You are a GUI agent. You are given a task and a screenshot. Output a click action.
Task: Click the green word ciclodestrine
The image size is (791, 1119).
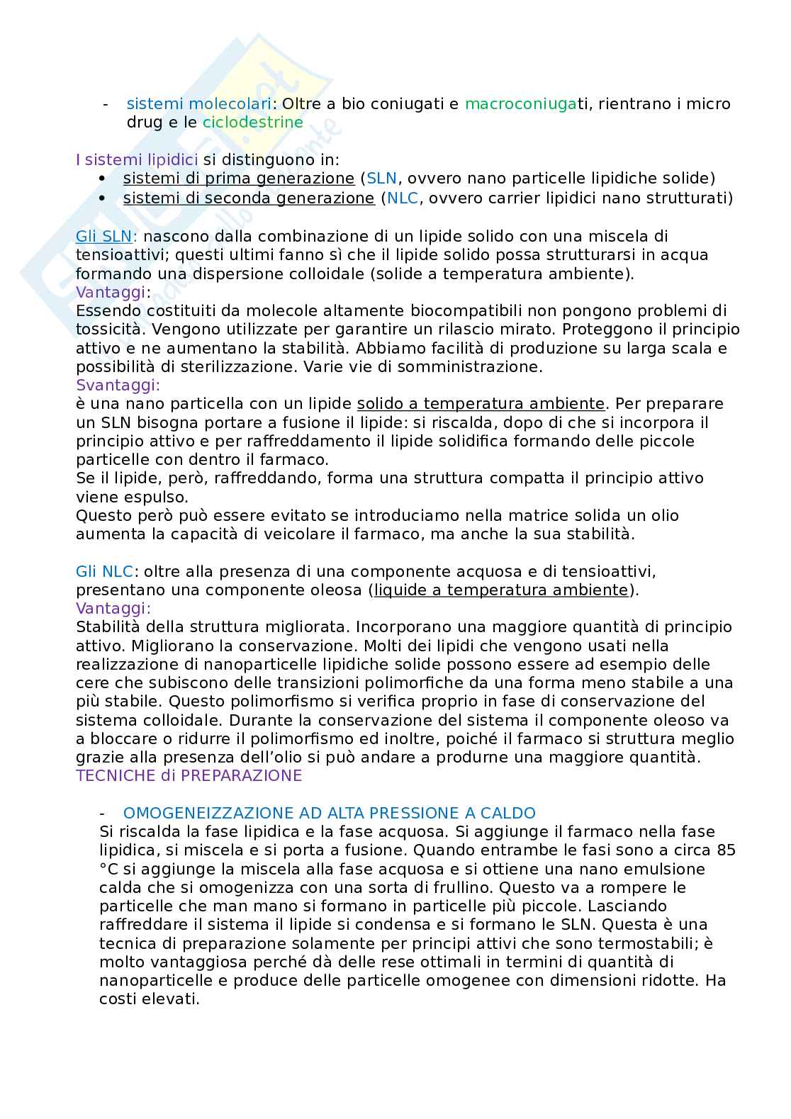point(252,122)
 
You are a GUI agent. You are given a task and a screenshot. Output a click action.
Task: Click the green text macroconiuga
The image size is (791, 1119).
point(521,103)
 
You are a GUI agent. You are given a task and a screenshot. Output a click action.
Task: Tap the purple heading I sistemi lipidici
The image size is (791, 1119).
point(136,159)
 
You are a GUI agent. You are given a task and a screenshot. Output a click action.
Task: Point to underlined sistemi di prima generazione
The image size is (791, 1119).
point(238,178)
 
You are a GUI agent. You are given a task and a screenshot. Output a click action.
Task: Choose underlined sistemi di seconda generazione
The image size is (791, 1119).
point(248,198)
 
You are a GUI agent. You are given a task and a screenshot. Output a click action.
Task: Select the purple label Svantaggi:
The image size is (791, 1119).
point(118,385)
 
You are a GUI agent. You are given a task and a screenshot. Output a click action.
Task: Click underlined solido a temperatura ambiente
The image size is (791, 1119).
point(481,403)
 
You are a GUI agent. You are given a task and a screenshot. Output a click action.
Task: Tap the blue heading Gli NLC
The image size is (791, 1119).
point(104,571)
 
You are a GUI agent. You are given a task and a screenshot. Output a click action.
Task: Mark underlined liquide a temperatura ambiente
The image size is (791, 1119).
point(501,590)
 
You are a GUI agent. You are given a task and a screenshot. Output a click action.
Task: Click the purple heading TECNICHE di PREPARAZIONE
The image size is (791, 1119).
point(189,775)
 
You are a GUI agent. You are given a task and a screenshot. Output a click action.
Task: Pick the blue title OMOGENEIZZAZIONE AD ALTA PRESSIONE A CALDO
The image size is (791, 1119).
point(329,813)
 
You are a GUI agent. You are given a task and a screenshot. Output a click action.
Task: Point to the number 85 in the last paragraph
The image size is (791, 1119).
point(726,850)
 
